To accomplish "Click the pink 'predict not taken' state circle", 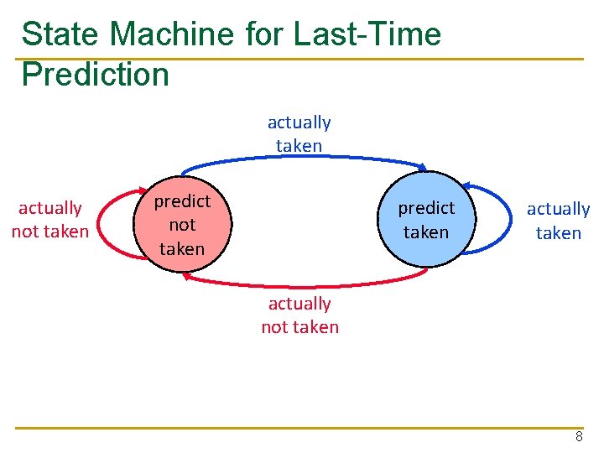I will [x=181, y=225].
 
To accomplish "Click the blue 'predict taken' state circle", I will [x=426, y=220].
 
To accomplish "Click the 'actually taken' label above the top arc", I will [x=299, y=133].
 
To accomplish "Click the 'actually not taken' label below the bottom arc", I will [x=299, y=315].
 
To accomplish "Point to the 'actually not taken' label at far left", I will [x=49, y=220].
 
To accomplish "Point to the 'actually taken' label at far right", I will [x=558, y=221].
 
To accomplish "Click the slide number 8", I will [x=578, y=437].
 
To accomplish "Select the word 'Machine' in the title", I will [x=173, y=34].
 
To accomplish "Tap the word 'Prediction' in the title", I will [x=95, y=74].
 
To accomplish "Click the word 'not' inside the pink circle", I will [x=181, y=225].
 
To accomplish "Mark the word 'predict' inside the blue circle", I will [x=426, y=207].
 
